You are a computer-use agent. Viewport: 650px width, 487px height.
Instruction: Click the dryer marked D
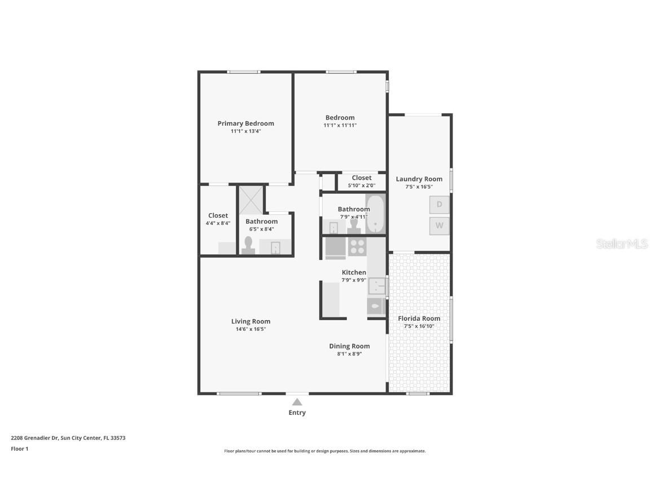click(439, 205)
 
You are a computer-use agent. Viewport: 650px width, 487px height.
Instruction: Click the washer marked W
click(439, 226)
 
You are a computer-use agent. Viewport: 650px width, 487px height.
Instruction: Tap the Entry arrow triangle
click(297, 402)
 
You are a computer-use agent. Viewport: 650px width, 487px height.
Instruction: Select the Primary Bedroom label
click(245, 123)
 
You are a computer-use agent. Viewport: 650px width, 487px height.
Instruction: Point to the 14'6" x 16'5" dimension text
click(251, 329)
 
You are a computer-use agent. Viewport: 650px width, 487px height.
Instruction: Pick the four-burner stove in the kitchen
click(357, 246)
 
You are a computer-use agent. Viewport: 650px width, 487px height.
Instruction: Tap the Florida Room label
click(419, 318)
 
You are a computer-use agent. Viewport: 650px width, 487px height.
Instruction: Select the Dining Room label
click(349, 346)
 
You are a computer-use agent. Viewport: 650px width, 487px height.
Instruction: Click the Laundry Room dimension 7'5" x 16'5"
click(419, 187)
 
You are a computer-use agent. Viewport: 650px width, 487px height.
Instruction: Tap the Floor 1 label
click(19, 449)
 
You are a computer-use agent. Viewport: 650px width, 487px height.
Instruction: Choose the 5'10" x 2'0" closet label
click(362, 185)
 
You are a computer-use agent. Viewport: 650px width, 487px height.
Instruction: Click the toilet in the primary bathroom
click(248, 245)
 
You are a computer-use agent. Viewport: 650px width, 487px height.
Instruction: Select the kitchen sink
click(376, 286)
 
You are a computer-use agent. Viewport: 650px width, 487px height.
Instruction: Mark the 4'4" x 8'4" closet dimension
click(218, 223)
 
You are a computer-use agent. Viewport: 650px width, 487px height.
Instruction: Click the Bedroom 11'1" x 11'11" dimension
click(340, 125)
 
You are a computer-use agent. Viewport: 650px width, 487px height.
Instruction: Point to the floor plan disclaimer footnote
click(325, 451)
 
